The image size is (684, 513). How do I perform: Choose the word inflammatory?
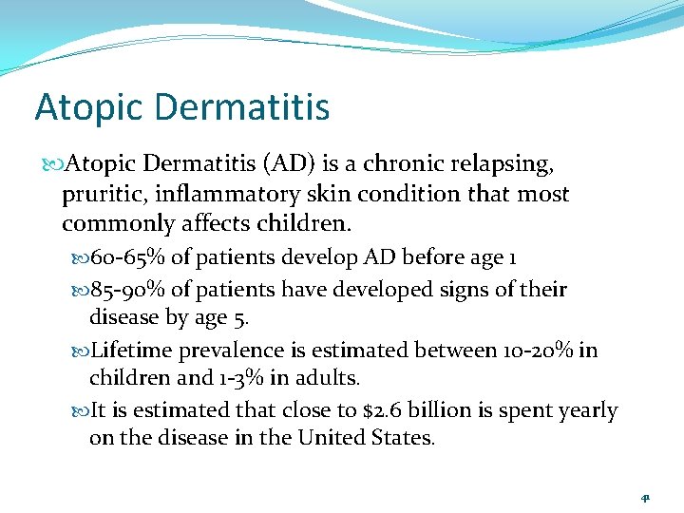click(218, 194)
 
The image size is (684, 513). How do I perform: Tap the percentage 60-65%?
click(125, 257)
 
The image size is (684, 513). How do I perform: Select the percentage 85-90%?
click(125, 289)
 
